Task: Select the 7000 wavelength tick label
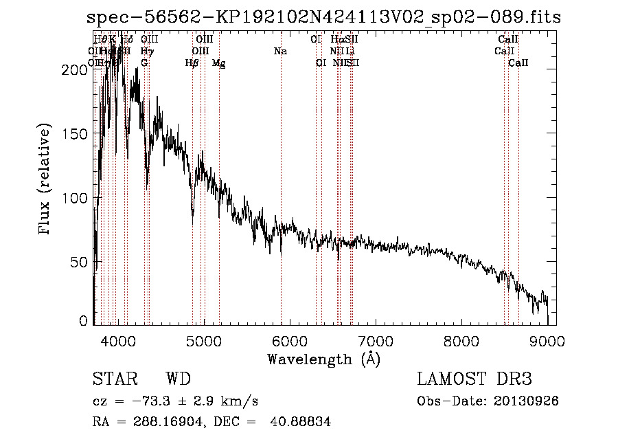coord(376,341)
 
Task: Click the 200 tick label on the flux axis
coord(77,70)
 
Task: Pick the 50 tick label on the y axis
coord(81,263)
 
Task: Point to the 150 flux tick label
coord(77,134)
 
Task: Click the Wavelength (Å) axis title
coord(323,359)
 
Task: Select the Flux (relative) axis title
coord(46,180)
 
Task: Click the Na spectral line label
coord(280,52)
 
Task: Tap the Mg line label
coord(219,63)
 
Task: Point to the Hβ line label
coord(192,63)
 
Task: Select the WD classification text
coord(178,379)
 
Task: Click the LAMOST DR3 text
coord(474,379)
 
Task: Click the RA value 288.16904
coord(172,422)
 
